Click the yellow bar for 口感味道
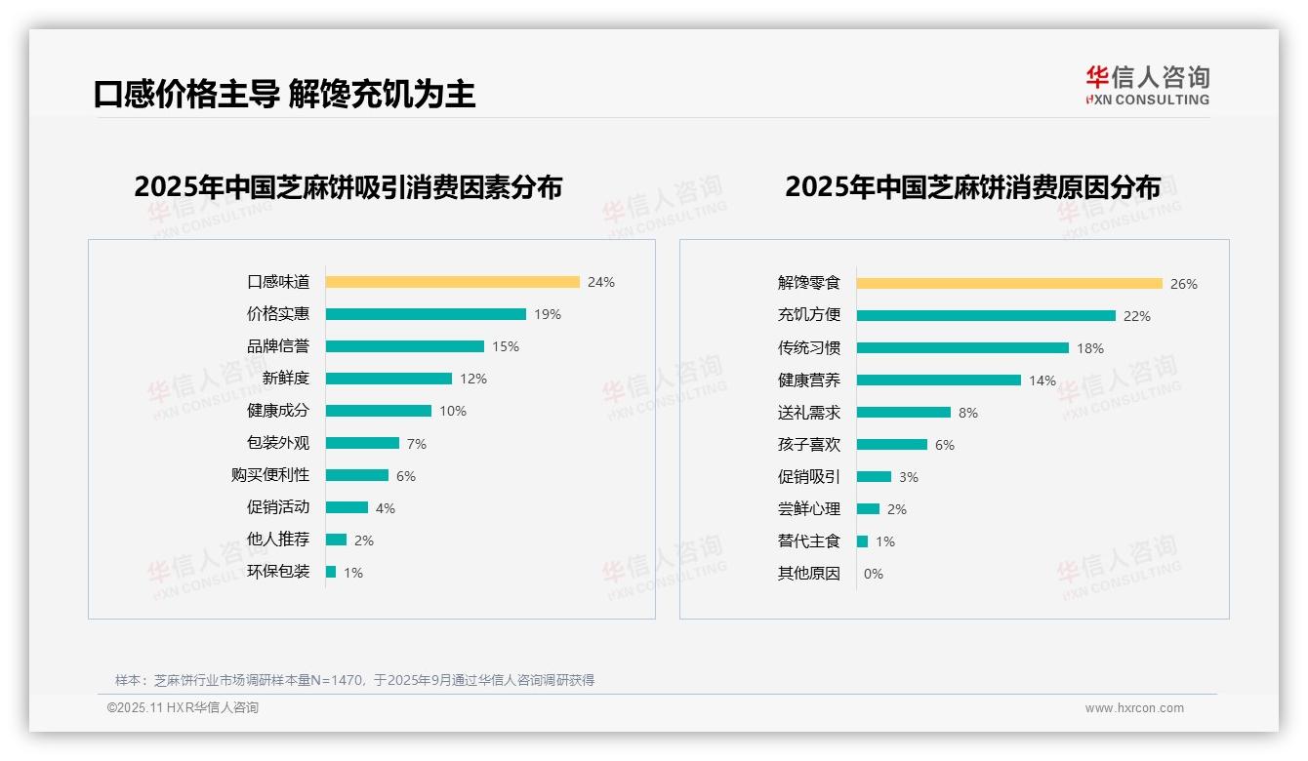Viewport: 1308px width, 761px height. coord(452,282)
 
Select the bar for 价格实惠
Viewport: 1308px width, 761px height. coord(426,314)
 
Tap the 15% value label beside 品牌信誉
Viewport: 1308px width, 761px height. coord(506,346)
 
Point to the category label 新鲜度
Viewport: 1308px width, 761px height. coord(285,379)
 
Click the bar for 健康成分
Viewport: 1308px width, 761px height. coord(378,411)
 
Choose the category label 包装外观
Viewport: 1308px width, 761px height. coord(277,443)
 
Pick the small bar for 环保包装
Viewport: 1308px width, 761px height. coord(331,572)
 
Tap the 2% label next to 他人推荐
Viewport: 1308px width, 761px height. coord(363,541)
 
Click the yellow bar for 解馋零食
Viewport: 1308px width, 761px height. coord(1009,284)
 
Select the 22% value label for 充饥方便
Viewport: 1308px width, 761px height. coord(1137,316)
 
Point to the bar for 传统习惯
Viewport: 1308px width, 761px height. coord(962,348)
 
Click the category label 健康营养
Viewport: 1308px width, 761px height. coord(808,380)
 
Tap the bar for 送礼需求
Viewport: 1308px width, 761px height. coord(903,413)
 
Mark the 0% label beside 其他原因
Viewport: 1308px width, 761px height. coord(873,574)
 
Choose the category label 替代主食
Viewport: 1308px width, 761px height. coord(808,541)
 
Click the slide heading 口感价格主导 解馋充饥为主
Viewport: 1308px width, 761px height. coord(284,94)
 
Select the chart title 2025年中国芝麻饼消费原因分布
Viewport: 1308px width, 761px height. coord(972,186)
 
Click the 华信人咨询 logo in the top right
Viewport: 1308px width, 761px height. coord(1147,85)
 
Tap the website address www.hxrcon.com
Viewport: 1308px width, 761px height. coord(1134,708)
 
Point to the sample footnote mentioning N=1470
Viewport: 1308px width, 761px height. coord(354,680)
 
